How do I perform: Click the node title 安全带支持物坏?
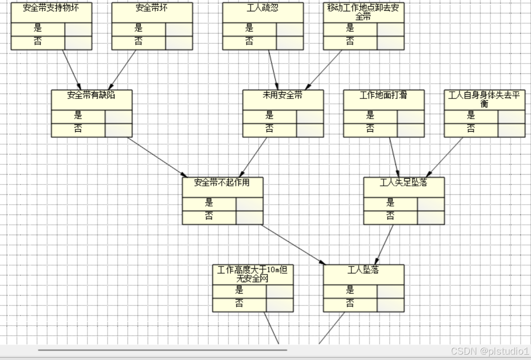coord(51,8)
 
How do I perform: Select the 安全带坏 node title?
coord(152,8)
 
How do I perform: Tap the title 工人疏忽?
coord(263,8)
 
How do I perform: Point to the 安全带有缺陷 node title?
coord(91,95)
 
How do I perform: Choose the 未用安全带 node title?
coord(283,95)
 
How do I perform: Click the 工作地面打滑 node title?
coord(383,95)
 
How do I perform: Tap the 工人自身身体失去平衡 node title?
coord(484,99)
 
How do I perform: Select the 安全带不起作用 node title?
coord(222,182)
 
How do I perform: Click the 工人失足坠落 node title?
coord(403,182)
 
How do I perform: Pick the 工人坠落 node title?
coord(363,270)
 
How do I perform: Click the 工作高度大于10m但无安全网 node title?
coord(253,274)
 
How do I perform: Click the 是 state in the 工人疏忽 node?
coord(249,29)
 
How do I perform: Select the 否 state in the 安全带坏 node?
coord(138,42)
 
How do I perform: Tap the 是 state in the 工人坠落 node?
coord(350,291)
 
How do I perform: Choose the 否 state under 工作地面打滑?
coord(370,129)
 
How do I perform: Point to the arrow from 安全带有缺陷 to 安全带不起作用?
coord(157,157)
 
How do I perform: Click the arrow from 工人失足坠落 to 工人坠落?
coord(385,244)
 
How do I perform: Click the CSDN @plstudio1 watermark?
coord(489,351)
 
